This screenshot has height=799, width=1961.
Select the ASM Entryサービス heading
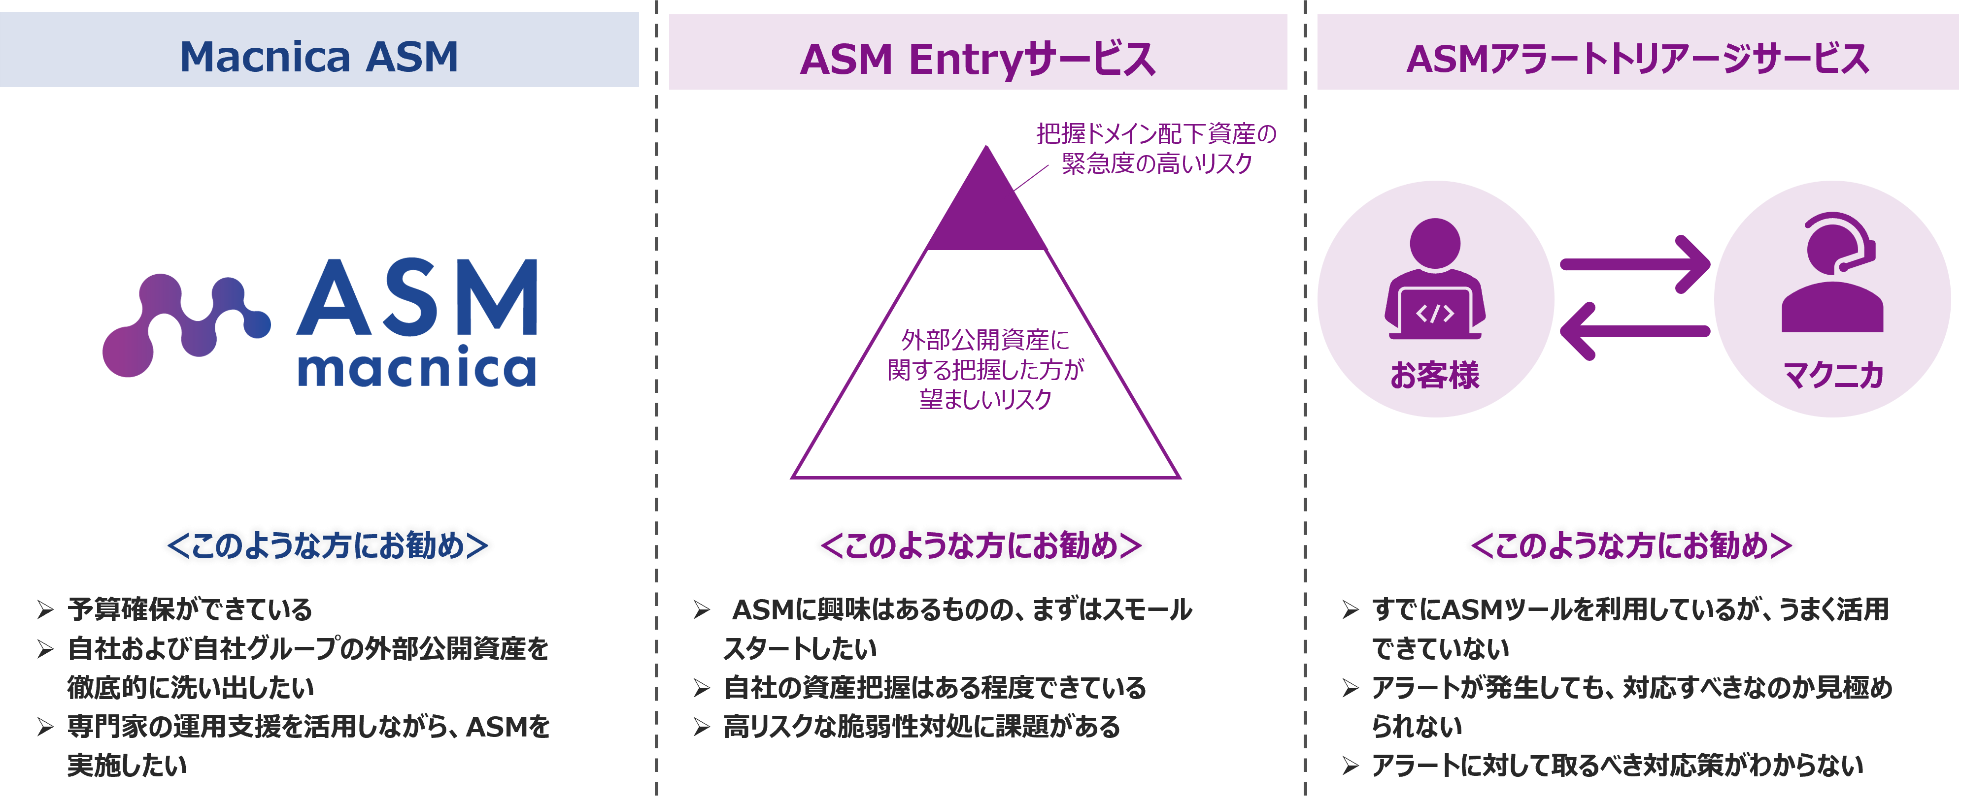978,59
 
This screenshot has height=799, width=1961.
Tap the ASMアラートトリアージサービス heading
1637,59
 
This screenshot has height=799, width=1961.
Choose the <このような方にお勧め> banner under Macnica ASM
327,545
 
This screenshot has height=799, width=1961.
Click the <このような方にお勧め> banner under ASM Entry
981,545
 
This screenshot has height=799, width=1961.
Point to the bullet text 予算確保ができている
190,609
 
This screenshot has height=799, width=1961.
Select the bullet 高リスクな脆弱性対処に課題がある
921,727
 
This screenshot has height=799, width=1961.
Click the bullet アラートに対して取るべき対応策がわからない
1617,766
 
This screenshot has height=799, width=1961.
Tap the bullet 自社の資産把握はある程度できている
934,688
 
